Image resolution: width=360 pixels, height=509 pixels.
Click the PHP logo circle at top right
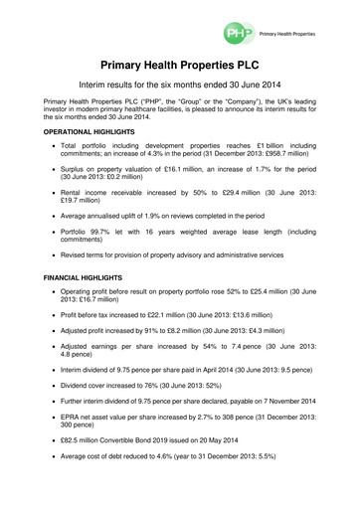(235, 33)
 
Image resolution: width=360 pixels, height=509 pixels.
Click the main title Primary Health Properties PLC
(179, 64)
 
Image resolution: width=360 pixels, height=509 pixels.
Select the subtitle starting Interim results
(179, 86)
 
